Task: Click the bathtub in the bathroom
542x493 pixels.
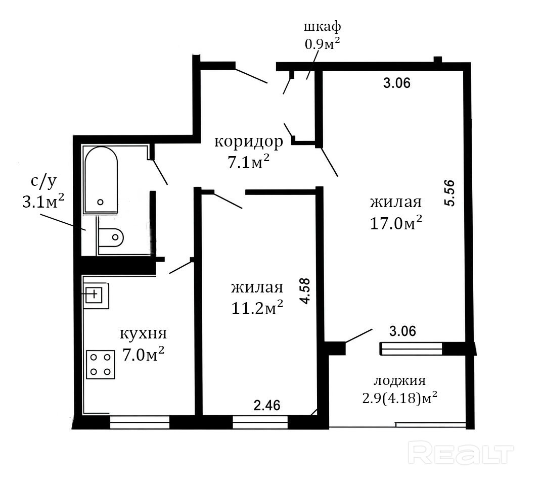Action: point(101,180)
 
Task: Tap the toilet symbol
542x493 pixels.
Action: point(110,237)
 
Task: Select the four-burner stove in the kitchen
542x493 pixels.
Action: point(100,365)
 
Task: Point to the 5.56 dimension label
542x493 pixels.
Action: point(449,193)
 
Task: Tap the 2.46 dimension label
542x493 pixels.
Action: point(267,405)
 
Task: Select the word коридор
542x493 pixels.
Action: point(249,141)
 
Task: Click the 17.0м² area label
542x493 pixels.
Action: point(396,223)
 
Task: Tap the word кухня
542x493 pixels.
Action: point(143,333)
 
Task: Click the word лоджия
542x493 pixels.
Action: point(399,381)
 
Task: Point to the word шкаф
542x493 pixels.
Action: point(322,27)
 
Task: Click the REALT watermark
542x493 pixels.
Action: point(461,452)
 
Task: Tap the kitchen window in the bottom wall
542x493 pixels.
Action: point(140,422)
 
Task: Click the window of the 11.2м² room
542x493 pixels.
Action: point(260,422)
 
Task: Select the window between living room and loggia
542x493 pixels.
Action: point(411,349)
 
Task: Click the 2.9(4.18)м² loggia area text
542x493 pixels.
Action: point(399,398)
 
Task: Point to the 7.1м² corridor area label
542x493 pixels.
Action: point(249,162)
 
